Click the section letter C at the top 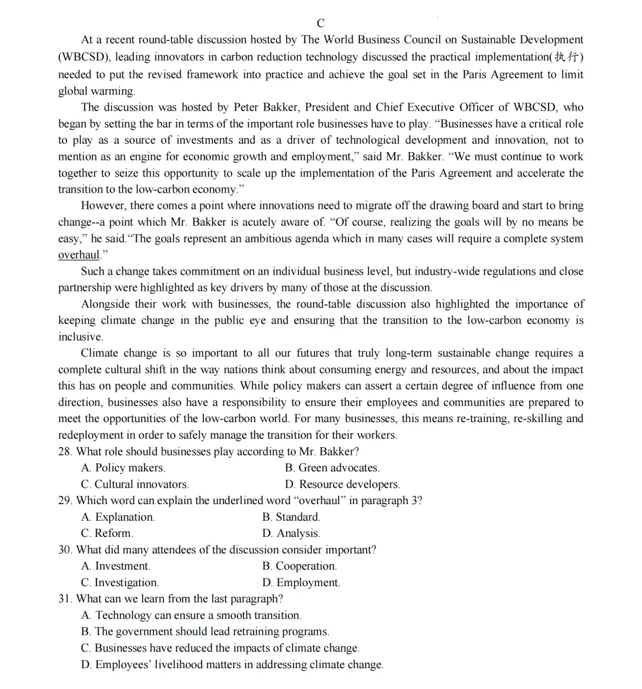click(320, 23)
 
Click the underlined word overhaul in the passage click(78, 255)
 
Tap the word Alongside click(106, 304)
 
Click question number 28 click(65, 452)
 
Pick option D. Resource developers click(342, 484)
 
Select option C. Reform click(107, 533)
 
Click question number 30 click(65, 550)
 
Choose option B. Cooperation click(299, 566)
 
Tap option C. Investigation click(119, 583)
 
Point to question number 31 click(65, 599)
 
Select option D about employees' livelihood click(232, 665)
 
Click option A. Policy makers click(123, 468)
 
